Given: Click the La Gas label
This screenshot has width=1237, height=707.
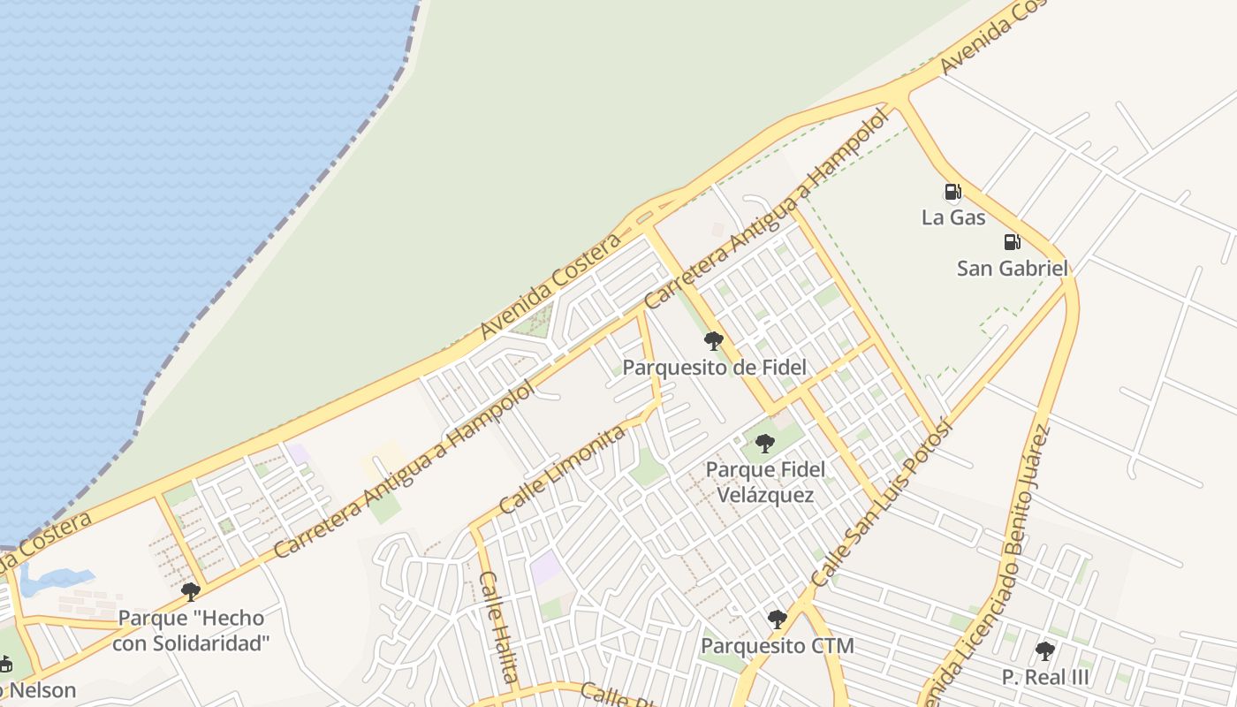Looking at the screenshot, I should tap(953, 217).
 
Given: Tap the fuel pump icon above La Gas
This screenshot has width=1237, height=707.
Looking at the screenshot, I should tap(952, 192).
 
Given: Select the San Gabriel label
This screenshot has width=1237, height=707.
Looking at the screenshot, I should tap(1013, 268).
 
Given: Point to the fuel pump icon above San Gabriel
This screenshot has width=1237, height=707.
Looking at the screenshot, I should tap(1012, 242).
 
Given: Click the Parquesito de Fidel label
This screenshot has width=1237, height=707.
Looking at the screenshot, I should tap(715, 367).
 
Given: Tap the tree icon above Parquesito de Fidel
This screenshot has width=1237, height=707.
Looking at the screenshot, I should tap(714, 341).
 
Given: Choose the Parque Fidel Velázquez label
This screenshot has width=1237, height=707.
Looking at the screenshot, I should tap(765, 482).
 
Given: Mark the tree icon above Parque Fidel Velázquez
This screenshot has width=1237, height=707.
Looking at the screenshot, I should tap(765, 444).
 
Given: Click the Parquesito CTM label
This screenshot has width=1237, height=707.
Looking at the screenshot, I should tap(778, 646).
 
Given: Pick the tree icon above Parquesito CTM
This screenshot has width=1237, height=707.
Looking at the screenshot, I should tap(778, 620).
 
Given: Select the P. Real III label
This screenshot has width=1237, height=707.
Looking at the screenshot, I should tap(1045, 678).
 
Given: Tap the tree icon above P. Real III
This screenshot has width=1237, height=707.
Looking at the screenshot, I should tap(1045, 652).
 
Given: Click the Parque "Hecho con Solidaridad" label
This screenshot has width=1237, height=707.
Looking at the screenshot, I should tap(191, 630).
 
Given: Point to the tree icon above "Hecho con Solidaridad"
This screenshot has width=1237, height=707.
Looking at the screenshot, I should tap(190, 592).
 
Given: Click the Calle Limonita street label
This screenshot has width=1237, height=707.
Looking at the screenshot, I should tap(563, 468).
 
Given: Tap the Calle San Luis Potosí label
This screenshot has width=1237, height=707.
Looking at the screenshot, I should tap(881, 503).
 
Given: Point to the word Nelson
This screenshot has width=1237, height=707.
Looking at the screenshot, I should tap(39, 690).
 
